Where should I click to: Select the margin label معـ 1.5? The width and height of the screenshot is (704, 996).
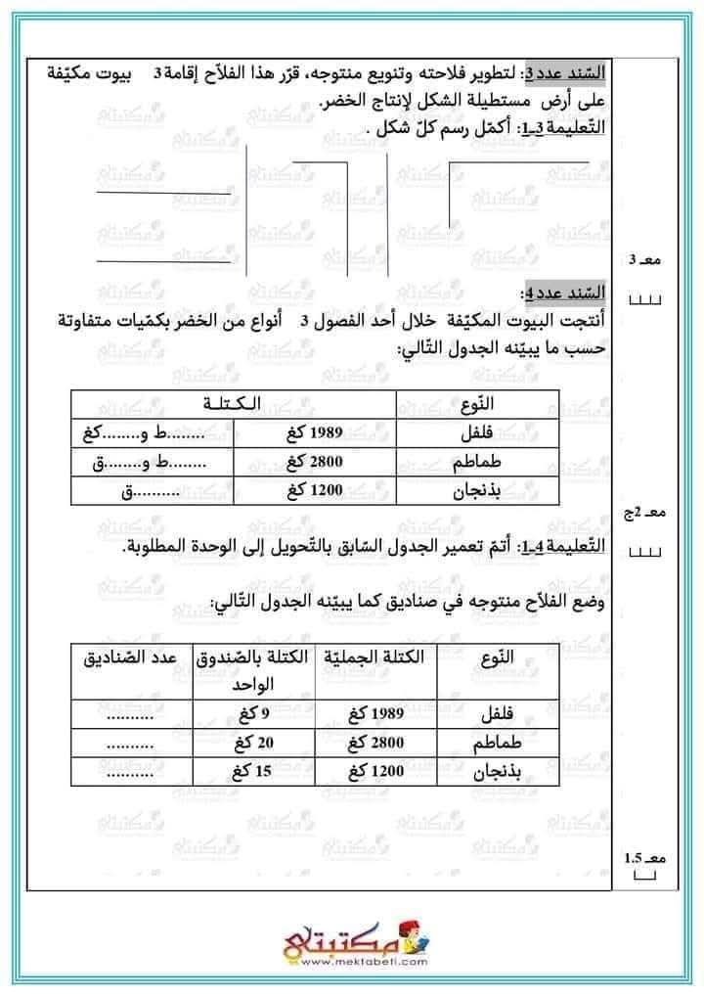(x=644, y=858)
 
